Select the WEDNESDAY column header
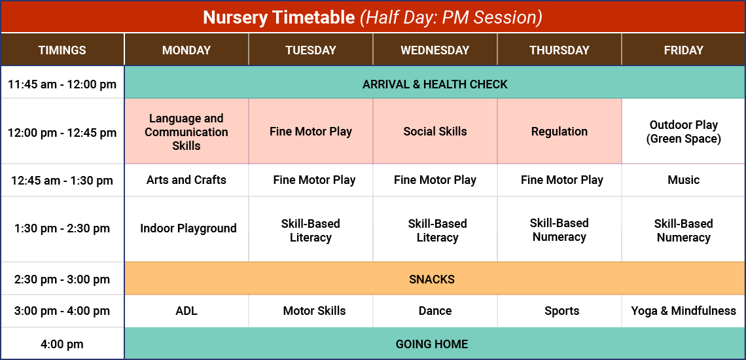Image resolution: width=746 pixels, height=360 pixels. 435,50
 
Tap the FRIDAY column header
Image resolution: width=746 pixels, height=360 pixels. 683,50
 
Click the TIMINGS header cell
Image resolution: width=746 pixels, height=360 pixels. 62,50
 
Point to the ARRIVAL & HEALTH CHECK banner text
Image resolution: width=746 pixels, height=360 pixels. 435,84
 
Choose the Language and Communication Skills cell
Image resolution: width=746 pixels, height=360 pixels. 186,132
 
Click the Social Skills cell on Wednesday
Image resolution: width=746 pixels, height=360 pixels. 435,132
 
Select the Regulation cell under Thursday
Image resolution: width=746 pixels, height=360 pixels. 559,132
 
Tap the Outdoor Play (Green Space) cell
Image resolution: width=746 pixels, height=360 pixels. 683,132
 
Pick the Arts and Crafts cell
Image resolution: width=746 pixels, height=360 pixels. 186,180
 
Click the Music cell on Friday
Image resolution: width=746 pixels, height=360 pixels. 683,180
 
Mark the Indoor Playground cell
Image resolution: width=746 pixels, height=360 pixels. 188,228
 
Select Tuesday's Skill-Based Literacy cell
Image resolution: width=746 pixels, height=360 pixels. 311,230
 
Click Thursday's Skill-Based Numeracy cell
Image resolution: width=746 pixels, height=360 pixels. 559,230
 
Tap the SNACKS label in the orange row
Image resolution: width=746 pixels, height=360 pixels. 432,279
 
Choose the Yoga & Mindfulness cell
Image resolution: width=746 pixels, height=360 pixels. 683,311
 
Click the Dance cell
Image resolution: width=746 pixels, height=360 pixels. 435,311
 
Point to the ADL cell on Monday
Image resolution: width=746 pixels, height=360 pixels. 186,311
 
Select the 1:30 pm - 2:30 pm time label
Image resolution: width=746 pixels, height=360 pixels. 62,228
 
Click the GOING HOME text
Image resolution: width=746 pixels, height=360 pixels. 432,344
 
